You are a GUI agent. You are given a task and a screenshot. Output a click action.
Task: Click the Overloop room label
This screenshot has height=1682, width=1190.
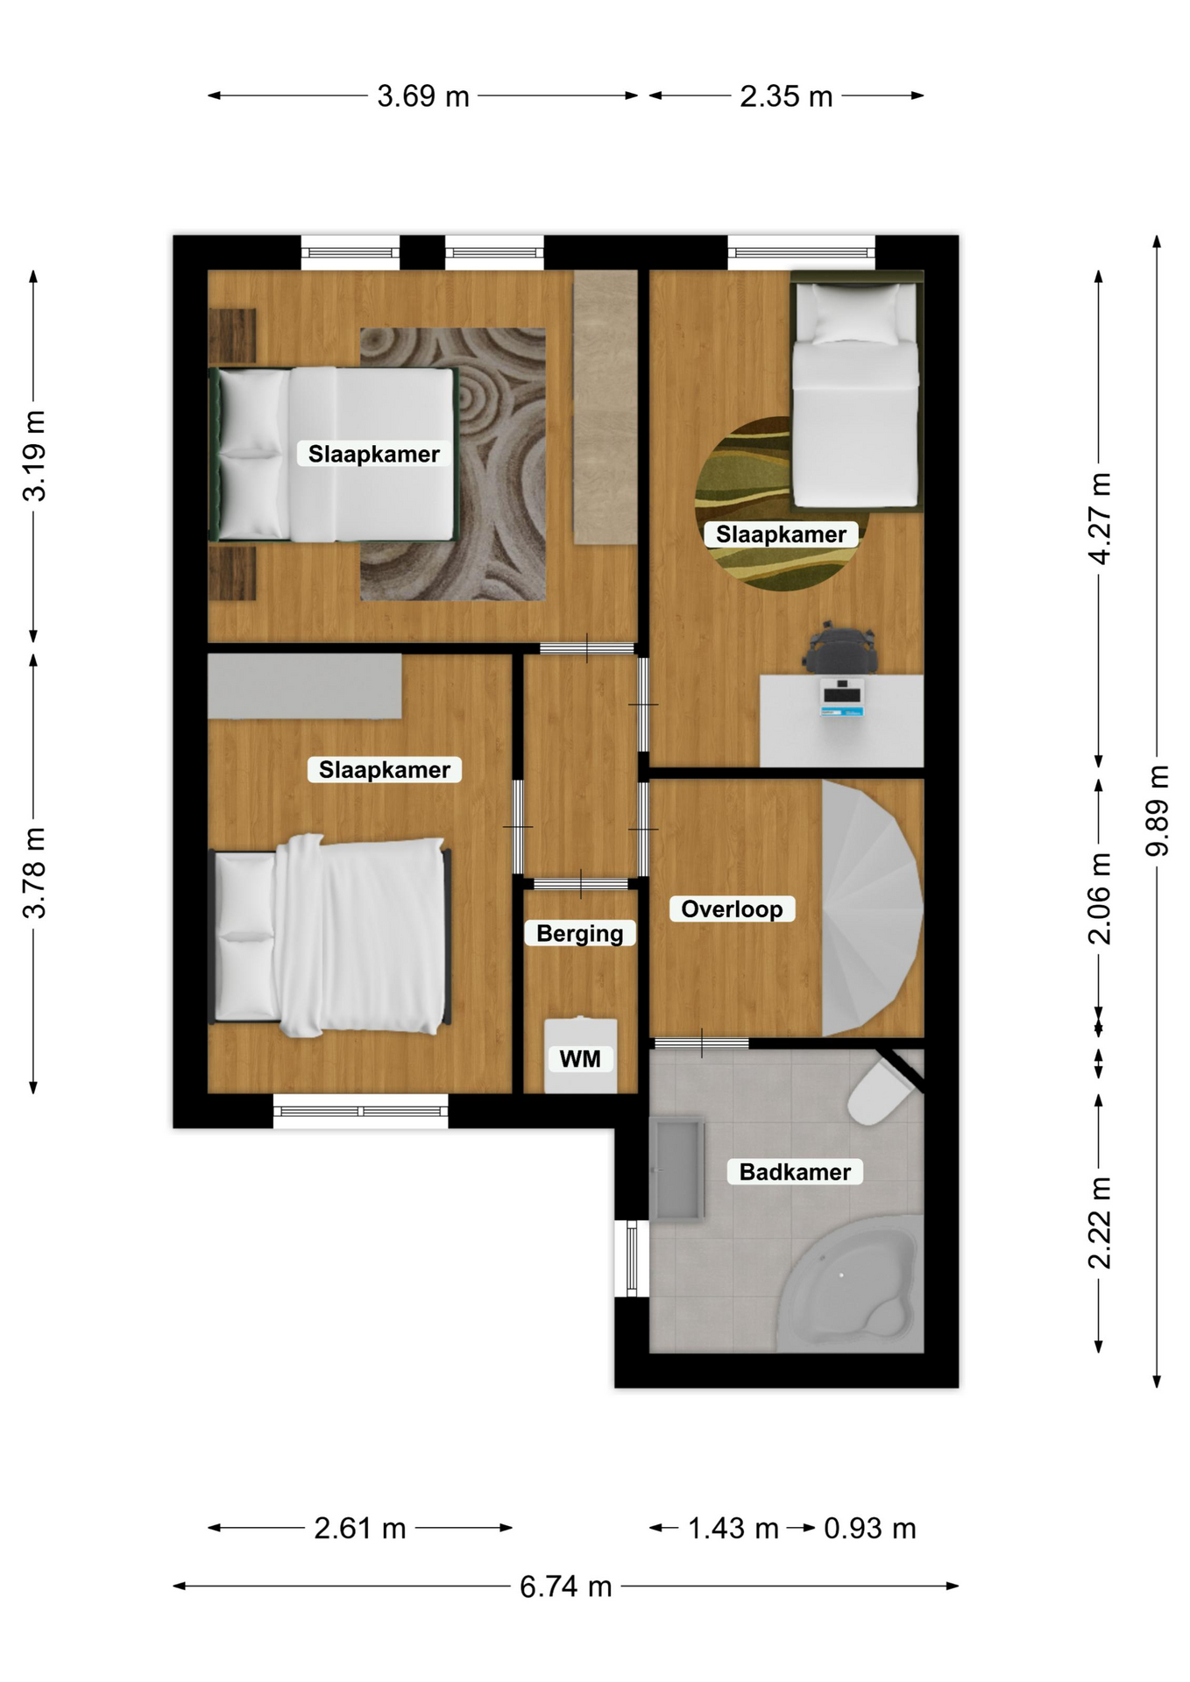tap(732, 908)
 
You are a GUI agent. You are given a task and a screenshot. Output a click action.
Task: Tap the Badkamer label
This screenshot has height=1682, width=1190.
tap(795, 1171)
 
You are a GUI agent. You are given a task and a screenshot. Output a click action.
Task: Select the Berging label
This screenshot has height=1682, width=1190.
tap(580, 933)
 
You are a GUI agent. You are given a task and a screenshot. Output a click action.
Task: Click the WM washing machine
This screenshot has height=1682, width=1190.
tap(580, 1055)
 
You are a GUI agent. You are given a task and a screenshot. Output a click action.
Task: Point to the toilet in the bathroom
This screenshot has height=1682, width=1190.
tap(881, 1090)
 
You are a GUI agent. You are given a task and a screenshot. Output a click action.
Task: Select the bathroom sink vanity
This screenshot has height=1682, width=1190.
tap(676, 1168)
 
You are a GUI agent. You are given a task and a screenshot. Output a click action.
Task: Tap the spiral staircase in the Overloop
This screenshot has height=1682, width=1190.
tap(871, 908)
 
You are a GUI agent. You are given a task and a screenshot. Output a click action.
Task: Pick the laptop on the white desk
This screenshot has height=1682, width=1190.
tap(842, 696)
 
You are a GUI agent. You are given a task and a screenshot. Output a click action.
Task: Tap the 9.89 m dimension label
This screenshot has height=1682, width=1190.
tap(1158, 810)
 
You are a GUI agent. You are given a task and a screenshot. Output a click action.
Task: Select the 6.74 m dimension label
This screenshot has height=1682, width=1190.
tap(565, 1586)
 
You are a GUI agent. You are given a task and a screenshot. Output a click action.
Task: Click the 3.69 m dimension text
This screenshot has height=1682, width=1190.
tap(423, 95)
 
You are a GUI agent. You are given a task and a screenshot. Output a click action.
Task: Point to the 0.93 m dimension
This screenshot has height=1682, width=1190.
tap(870, 1528)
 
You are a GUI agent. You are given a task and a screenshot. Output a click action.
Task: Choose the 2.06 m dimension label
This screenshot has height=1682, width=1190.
tap(1099, 898)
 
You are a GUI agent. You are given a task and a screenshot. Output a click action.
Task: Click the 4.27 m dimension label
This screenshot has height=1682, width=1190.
tap(1099, 518)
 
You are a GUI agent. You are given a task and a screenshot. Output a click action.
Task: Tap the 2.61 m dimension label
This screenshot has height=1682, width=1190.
tap(360, 1528)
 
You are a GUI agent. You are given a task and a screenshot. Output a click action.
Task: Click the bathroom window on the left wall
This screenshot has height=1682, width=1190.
tap(632, 1258)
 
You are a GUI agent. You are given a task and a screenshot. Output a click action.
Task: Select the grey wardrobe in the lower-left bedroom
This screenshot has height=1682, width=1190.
tap(305, 687)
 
